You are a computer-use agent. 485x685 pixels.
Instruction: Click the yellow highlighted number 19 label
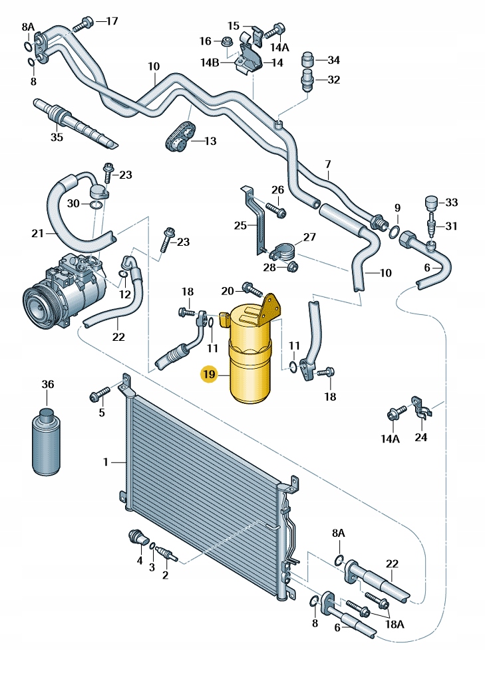point(209,374)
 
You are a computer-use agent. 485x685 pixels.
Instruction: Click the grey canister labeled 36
point(47,442)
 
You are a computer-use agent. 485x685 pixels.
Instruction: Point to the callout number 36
point(48,385)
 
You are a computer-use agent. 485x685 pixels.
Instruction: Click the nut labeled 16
point(228,41)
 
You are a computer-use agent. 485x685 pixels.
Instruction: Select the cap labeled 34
point(308,59)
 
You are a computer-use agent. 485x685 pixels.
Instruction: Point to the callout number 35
point(57,137)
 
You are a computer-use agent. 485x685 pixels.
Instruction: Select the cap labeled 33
point(430,203)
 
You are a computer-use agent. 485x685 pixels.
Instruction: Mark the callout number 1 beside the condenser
point(105,462)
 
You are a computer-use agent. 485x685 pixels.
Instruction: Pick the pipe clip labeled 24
point(420,408)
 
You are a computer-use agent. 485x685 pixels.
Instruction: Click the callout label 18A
point(394,625)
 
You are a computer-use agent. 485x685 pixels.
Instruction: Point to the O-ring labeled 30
point(97,205)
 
